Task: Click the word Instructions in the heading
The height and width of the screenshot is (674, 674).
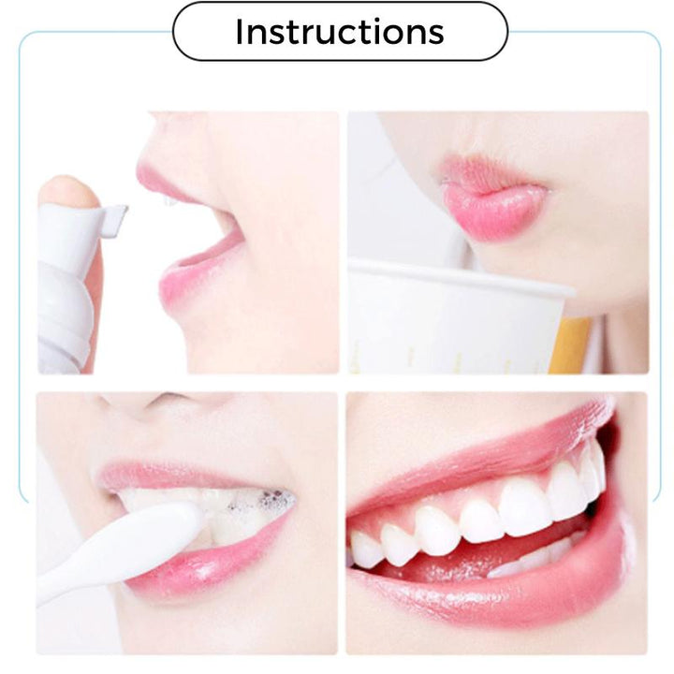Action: pos(340,32)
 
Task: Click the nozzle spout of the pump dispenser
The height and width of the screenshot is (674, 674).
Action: pos(115,216)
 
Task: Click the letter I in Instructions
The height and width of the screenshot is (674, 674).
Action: pos(239,32)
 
